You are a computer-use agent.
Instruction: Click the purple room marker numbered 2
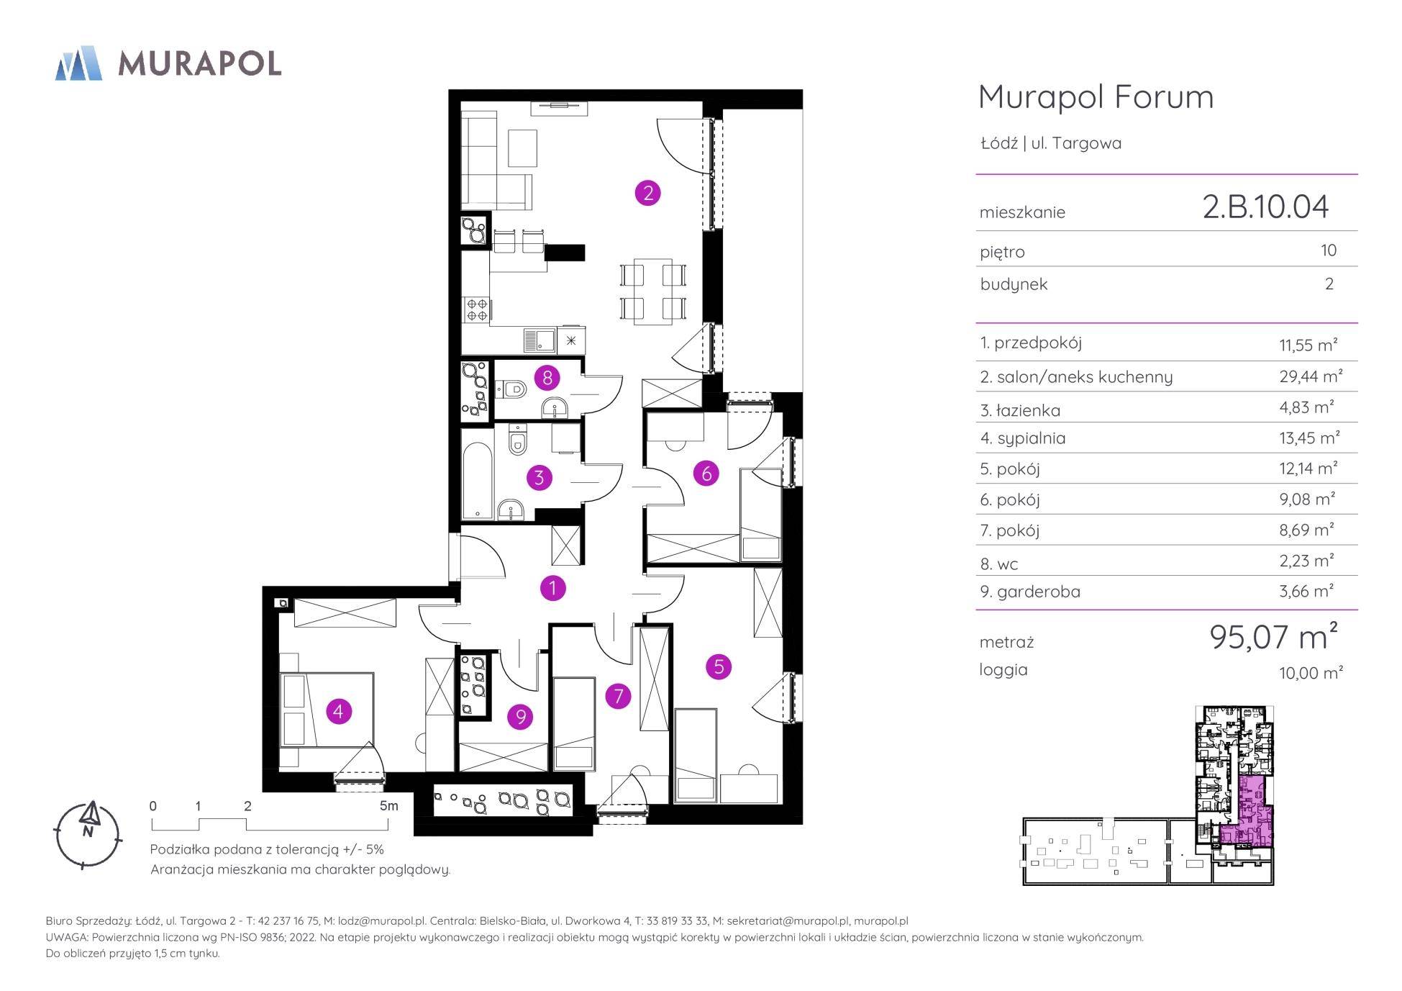click(647, 192)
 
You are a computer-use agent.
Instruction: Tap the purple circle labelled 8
click(547, 377)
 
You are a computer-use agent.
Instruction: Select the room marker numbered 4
click(339, 712)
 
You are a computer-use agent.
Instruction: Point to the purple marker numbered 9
click(520, 716)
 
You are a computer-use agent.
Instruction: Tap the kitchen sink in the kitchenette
click(540, 340)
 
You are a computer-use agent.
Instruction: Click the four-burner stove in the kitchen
click(477, 309)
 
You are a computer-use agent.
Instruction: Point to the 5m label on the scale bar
click(388, 806)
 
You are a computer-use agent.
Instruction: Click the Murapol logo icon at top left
click(78, 63)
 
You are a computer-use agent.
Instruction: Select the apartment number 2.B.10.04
click(1265, 207)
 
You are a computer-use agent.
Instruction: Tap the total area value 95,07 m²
click(1274, 636)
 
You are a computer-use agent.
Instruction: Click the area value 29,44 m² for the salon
click(1311, 376)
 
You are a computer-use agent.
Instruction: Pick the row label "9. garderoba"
click(1030, 592)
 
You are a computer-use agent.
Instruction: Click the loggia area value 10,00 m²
click(1311, 672)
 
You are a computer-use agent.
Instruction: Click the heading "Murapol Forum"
click(1096, 97)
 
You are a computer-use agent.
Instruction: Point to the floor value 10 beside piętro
click(1329, 250)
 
